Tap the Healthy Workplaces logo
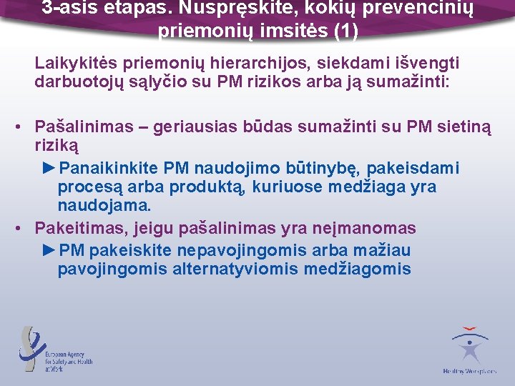click(x=470, y=350)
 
